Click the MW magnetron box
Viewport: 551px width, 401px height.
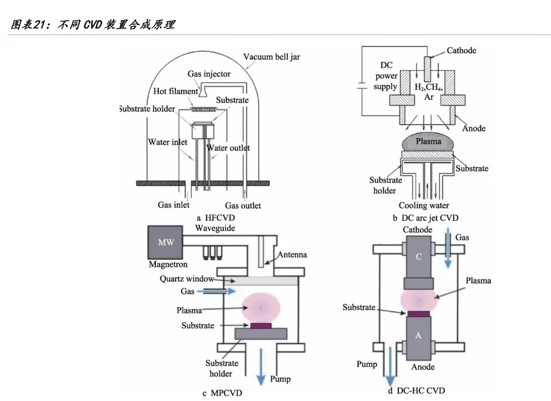(165, 242)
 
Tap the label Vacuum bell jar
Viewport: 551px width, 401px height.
(272, 57)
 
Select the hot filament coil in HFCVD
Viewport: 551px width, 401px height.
(203, 110)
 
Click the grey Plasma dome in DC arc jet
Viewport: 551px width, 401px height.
(428, 141)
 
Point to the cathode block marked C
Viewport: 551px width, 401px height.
(419, 257)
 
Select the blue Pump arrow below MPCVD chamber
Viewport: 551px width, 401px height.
(261, 366)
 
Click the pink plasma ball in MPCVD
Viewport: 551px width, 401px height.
(261, 308)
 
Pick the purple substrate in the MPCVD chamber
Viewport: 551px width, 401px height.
(261, 326)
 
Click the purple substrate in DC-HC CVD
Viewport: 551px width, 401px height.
(419, 314)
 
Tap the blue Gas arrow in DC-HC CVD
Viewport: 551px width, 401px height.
(448, 248)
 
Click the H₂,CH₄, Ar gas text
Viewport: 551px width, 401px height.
(429, 92)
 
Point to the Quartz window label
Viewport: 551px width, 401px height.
(187, 279)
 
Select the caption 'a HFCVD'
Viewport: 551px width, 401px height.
(216, 218)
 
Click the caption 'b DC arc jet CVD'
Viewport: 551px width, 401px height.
(426, 218)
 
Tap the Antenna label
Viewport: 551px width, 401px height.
(292, 255)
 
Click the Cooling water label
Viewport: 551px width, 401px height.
(424, 206)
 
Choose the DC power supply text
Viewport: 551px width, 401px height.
(386, 76)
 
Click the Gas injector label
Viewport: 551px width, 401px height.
(209, 74)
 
